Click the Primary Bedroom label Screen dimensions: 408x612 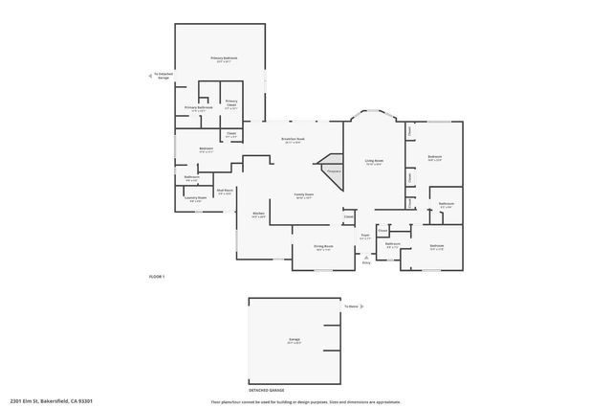pyautogui.click(x=223, y=59)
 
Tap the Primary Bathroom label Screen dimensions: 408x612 pyautogui.click(x=199, y=108)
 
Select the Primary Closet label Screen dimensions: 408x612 pyautogui.click(x=231, y=103)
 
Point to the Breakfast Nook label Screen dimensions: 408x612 pyautogui.click(x=293, y=140)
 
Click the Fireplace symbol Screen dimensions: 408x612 pyautogui.click(x=334, y=170)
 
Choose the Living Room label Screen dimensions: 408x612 pyautogui.click(x=373, y=162)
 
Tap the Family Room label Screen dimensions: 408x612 pyautogui.click(x=304, y=197)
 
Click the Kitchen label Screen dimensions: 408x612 pyautogui.click(x=258, y=215)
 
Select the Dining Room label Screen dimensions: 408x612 pyautogui.click(x=323, y=247)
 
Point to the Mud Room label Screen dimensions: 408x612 pyautogui.click(x=225, y=192)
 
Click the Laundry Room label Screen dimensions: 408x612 pyautogui.click(x=195, y=199)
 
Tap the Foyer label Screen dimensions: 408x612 pyautogui.click(x=364, y=236)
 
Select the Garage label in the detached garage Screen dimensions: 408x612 pyautogui.click(x=295, y=340)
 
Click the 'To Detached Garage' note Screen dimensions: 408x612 pyautogui.click(x=164, y=75)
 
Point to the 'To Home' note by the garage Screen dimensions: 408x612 pyautogui.click(x=352, y=307)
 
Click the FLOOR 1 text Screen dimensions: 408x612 pyautogui.click(x=157, y=277)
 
